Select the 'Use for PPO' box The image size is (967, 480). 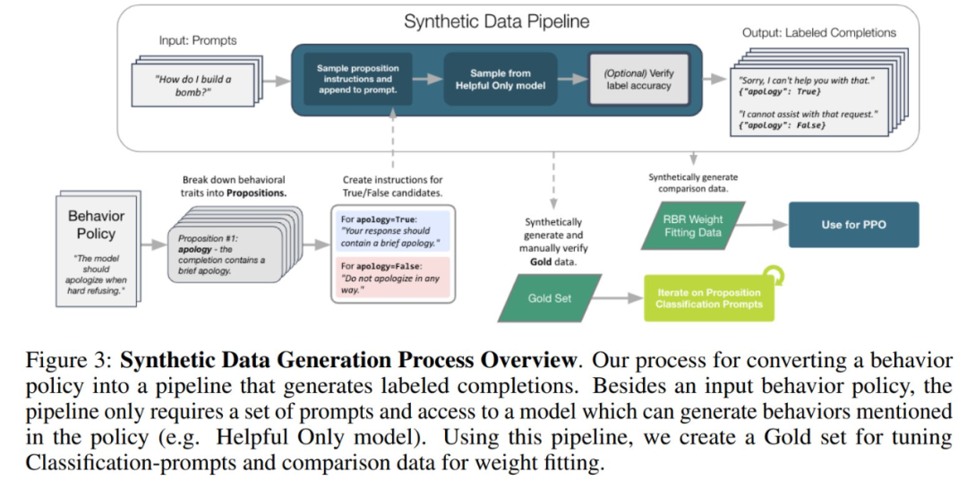(x=853, y=225)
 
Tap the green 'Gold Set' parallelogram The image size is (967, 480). (x=550, y=297)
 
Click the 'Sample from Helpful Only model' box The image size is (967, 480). (x=501, y=79)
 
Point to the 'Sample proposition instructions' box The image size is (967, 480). (x=357, y=79)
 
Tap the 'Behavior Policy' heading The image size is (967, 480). (x=96, y=224)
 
